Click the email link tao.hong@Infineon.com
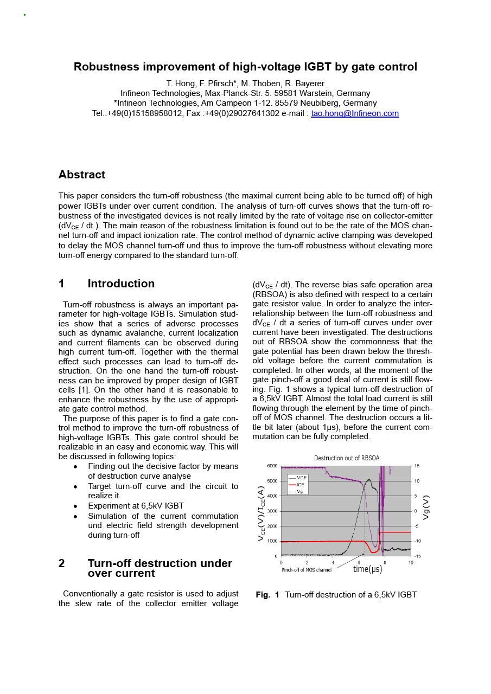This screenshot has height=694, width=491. click(355, 113)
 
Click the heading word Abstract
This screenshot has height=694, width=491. click(82, 175)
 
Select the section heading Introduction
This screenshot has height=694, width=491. click(121, 284)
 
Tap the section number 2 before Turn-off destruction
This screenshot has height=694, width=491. click(61, 563)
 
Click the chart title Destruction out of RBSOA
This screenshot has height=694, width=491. click(347, 458)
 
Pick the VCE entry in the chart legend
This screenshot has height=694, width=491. click(302, 477)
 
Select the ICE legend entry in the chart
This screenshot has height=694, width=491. click(301, 484)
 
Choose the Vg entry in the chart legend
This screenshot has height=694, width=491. click(300, 491)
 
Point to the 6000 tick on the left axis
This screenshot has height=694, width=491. click(272, 466)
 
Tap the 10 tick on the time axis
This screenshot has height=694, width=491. click(411, 563)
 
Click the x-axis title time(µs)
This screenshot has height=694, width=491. click(367, 569)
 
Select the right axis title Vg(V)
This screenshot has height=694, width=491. click(426, 507)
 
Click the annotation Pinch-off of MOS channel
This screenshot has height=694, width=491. click(307, 570)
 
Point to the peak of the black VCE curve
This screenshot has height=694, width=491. click(369, 479)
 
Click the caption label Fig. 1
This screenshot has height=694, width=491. click(267, 595)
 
